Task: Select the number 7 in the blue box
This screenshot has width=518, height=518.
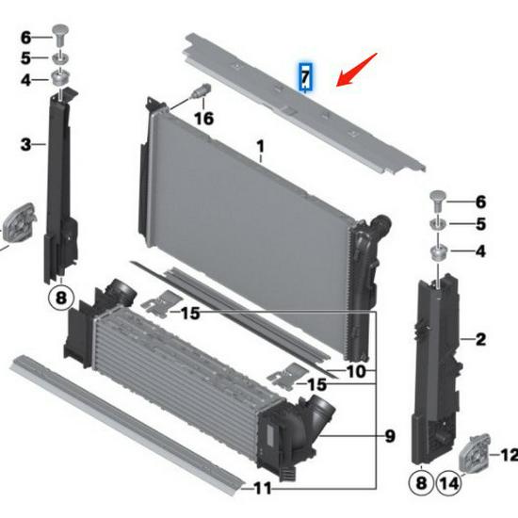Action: click(305, 76)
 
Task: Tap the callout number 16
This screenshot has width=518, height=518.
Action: click(203, 119)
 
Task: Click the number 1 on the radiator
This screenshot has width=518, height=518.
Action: click(261, 146)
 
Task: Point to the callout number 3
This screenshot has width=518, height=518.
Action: click(26, 144)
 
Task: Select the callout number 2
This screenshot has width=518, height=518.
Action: click(480, 338)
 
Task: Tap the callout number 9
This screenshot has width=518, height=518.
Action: click(390, 436)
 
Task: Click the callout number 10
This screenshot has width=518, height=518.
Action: click(356, 371)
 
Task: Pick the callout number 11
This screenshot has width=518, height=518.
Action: click(263, 489)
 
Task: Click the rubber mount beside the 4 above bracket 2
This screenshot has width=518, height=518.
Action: click(439, 252)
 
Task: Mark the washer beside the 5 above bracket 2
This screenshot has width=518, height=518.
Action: click(440, 225)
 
